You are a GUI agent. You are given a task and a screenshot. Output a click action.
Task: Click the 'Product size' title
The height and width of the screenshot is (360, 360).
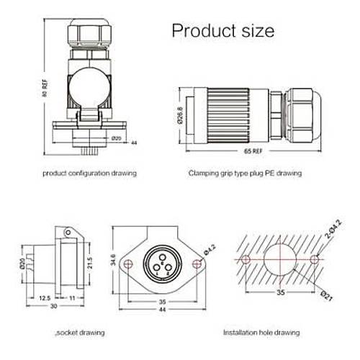[222, 31]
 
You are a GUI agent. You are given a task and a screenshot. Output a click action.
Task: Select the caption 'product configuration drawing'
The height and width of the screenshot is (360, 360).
[89, 174]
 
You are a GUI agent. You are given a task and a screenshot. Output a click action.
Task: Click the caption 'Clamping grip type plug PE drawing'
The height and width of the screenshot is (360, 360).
[245, 174]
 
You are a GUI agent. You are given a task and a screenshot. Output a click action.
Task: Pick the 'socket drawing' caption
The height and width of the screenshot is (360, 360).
[81, 332]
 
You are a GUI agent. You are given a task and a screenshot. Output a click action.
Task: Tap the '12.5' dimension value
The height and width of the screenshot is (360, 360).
[44, 297]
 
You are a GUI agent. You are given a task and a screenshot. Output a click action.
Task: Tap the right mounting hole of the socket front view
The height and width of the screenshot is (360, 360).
[194, 259]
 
